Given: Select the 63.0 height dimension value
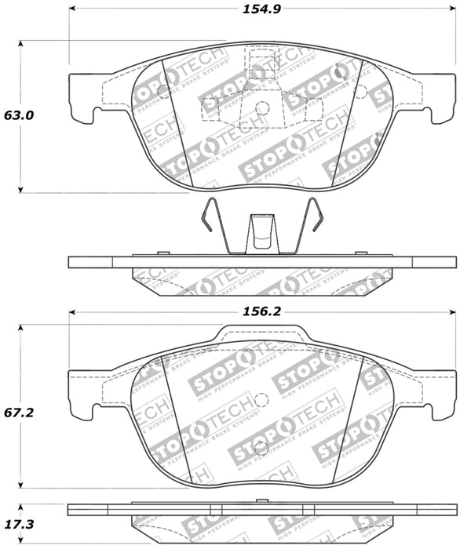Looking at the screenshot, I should click(x=20, y=115).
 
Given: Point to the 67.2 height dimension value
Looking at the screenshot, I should click(x=20, y=411).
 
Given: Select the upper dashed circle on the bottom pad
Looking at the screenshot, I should click(x=262, y=400).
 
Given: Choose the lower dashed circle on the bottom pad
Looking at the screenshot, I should click(x=262, y=449).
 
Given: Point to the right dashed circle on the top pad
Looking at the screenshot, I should click(x=360, y=91).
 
